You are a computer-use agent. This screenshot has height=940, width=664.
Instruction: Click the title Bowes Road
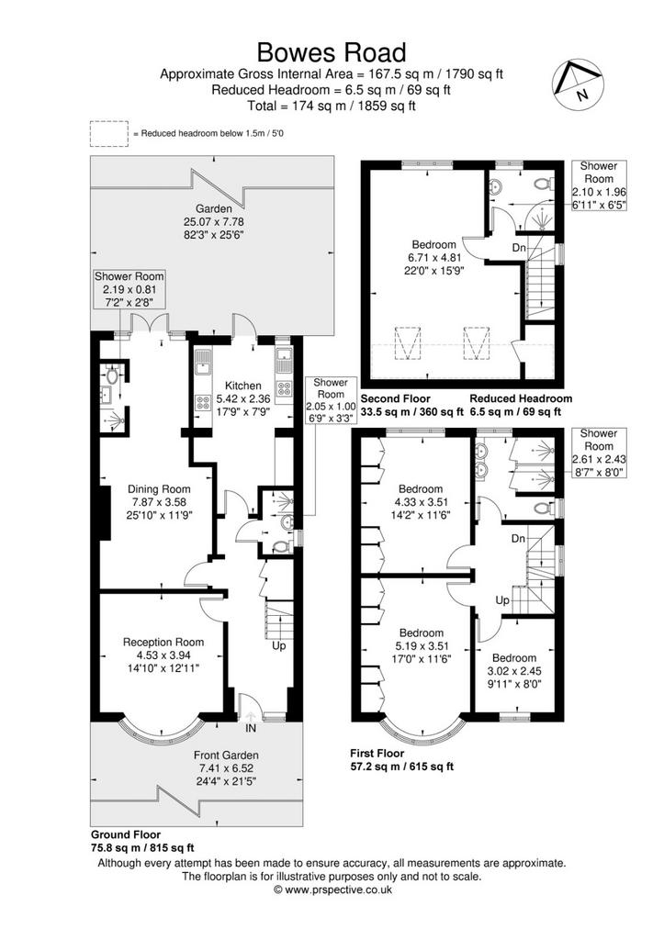(332, 52)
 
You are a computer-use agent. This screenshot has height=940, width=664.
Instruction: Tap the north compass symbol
(577, 84)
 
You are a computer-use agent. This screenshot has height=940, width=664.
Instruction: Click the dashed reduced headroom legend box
(108, 134)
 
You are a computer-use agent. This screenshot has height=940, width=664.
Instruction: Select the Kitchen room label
(243, 386)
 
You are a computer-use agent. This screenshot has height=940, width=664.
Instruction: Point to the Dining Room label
(159, 489)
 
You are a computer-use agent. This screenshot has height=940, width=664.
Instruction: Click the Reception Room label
(163, 642)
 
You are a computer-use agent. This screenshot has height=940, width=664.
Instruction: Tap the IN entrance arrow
(250, 716)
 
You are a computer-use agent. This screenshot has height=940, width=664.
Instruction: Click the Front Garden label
(226, 755)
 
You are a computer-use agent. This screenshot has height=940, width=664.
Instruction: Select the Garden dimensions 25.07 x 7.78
(214, 221)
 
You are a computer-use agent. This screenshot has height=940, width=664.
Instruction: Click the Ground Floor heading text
(126, 834)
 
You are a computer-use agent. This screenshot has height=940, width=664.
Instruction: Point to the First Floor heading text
(377, 753)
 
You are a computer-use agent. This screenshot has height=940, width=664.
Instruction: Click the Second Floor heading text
(395, 398)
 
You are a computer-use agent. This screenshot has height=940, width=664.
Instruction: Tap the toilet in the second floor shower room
(544, 184)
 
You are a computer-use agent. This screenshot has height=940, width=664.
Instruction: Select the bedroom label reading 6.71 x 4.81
(433, 257)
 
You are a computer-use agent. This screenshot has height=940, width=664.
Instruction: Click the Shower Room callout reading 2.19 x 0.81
(129, 289)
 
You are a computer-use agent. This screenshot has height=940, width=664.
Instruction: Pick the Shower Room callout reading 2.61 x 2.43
(599, 453)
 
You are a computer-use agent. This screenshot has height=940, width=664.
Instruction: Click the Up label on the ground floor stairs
(279, 645)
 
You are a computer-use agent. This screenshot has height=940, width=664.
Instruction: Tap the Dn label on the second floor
(519, 248)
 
